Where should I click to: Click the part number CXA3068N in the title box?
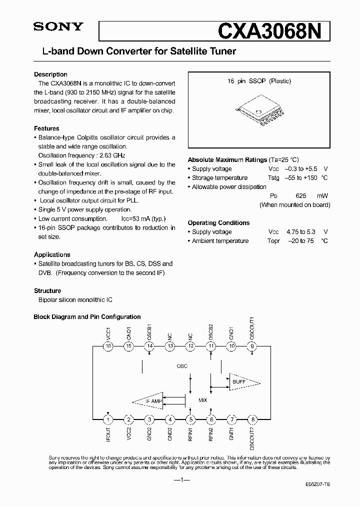(273, 31)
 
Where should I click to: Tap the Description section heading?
(50, 74)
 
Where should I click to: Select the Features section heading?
(46, 128)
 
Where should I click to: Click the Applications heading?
(52, 254)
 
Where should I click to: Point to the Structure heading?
(47, 290)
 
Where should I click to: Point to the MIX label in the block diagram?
(202, 400)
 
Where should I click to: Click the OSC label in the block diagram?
(182, 366)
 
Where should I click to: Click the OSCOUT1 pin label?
(252, 327)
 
